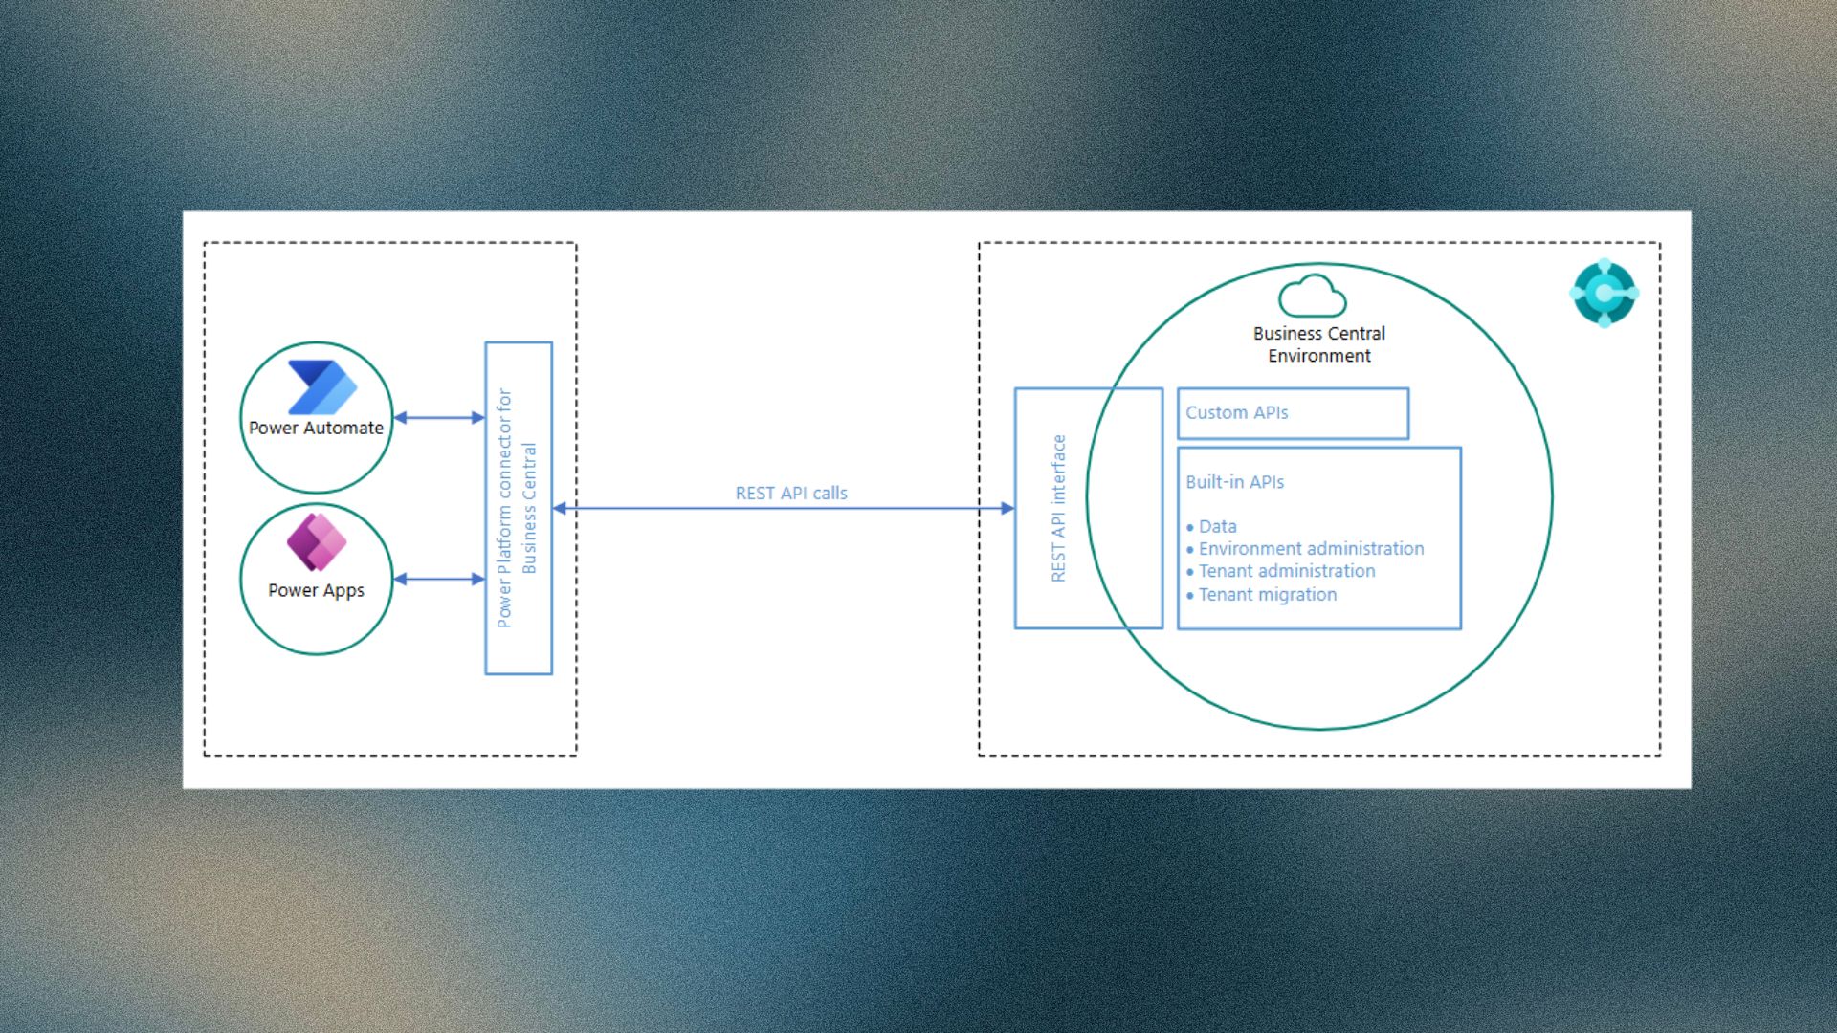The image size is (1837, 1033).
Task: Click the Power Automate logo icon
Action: [322, 386]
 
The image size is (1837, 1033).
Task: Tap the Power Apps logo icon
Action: [317, 541]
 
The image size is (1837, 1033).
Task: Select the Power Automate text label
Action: [316, 428]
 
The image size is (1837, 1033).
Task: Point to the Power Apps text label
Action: [316, 590]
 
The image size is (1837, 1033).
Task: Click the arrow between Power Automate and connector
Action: [439, 417]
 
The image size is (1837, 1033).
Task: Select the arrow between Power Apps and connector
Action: [439, 579]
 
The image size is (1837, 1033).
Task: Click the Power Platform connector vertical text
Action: [517, 508]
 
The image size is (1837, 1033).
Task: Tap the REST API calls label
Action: [791, 493]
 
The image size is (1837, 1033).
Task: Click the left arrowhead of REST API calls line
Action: [560, 508]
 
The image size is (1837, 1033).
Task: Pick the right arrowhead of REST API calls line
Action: [1007, 508]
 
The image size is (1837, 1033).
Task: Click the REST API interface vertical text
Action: [1058, 508]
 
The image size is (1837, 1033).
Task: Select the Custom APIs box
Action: [1293, 413]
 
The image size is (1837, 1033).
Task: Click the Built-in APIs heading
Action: [1234, 482]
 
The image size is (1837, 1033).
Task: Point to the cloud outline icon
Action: [1313, 296]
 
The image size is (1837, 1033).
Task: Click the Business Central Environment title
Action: [1319, 344]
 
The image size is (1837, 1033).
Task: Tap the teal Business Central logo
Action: [1605, 293]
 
